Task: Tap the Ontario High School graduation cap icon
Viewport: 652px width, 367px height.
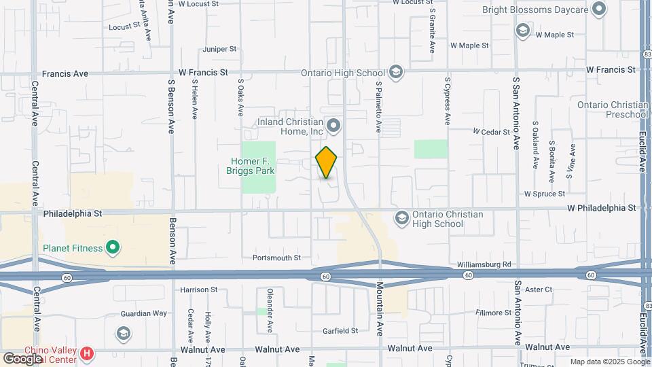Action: click(x=395, y=73)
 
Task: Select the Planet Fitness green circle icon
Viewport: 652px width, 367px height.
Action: click(x=113, y=248)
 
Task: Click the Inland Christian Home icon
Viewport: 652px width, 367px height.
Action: click(x=333, y=125)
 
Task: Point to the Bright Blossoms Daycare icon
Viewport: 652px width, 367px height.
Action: click(x=598, y=10)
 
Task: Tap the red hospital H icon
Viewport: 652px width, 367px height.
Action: click(x=86, y=353)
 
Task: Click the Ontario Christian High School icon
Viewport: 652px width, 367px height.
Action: click(x=401, y=218)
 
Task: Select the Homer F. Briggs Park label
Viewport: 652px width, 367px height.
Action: click(x=251, y=166)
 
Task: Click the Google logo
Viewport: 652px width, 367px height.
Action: click(x=22, y=358)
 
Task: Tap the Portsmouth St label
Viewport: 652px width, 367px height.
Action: click(x=276, y=258)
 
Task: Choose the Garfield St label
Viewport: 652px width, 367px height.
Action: click(x=340, y=331)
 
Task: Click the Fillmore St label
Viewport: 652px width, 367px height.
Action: click(x=494, y=313)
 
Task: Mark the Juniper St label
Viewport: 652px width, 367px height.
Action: click(x=219, y=49)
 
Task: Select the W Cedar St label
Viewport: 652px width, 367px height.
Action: click(x=491, y=131)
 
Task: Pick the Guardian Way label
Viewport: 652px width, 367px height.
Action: click(x=143, y=313)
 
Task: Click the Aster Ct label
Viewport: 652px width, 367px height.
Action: click(x=539, y=290)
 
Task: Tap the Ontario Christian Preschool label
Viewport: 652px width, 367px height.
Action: click(x=613, y=109)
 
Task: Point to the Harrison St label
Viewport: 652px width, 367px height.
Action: click(x=198, y=290)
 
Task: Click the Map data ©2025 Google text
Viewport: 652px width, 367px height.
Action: click(x=609, y=362)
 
